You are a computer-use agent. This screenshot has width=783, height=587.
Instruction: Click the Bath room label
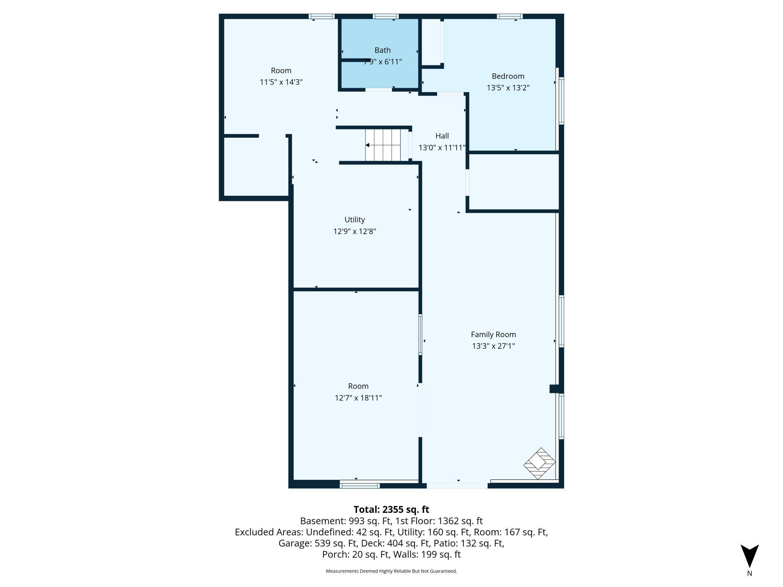point(382,50)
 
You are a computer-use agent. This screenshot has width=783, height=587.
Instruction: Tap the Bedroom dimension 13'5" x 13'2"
point(508,88)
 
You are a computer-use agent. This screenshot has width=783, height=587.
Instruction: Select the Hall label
point(442,136)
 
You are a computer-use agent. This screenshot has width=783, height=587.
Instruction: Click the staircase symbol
point(386,145)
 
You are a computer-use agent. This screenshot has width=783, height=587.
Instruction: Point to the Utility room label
point(355,219)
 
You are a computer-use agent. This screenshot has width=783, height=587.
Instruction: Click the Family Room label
point(493,335)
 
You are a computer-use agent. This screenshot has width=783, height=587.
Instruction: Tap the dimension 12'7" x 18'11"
point(358,398)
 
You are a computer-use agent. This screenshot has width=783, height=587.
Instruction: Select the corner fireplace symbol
point(539,463)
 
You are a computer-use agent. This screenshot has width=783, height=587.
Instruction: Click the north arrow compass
point(749,557)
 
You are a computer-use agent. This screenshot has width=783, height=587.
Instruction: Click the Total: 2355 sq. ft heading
point(391,509)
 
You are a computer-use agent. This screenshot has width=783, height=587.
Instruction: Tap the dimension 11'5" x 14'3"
point(281,82)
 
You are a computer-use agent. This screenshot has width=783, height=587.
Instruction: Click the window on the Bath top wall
point(385,16)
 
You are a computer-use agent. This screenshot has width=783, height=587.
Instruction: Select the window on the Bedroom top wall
point(509,16)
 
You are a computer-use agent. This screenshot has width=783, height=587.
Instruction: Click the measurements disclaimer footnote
point(391,571)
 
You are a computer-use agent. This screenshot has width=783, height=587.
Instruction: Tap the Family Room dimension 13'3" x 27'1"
point(493,346)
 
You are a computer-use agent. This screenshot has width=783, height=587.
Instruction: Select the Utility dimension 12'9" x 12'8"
point(355,231)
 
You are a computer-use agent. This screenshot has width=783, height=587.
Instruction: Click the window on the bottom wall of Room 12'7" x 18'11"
point(360,486)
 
